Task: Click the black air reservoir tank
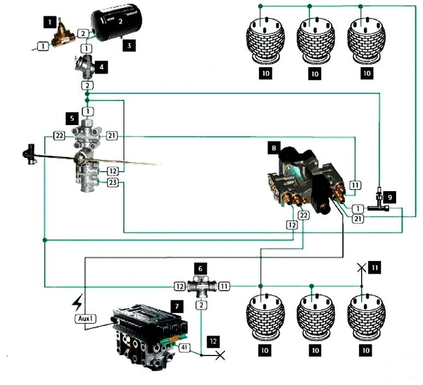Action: coord(117,23)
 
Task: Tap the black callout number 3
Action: coord(129,46)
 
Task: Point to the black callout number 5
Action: coord(71,117)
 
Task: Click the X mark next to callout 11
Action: coord(361,268)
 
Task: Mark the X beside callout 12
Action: coord(220,356)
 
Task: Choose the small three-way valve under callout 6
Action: coord(202,286)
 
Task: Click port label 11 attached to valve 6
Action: coord(224,286)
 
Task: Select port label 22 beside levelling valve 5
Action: coord(60,135)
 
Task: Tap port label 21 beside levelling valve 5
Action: coord(112,135)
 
